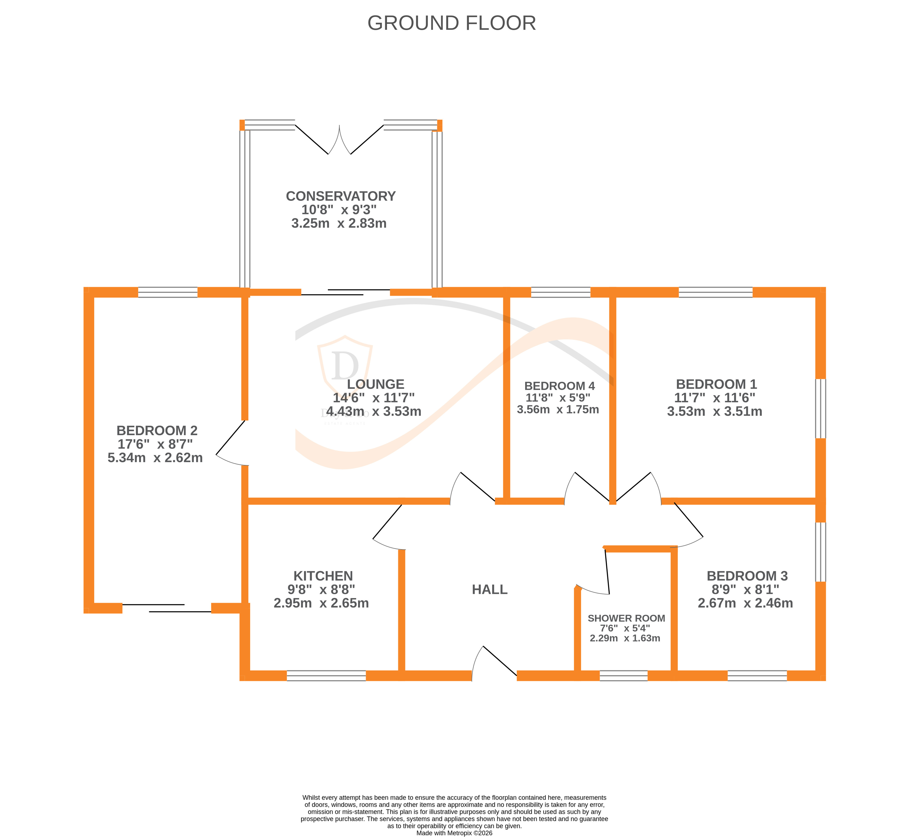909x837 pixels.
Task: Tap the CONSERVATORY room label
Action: coord(341,196)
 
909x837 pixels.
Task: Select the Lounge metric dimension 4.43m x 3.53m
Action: coord(374,411)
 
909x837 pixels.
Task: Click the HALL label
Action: coord(490,589)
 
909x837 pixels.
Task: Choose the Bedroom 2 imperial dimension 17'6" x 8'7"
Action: coord(155,444)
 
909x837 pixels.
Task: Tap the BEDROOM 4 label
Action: coord(559,386)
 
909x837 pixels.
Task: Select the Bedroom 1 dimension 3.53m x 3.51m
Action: coord(714,411)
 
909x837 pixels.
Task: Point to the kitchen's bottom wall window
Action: coord(326,676)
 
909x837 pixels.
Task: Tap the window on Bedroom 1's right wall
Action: coord(820,409)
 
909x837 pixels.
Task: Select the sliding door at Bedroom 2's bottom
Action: coord(167,608)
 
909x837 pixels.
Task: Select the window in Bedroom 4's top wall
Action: coord(560,292)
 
